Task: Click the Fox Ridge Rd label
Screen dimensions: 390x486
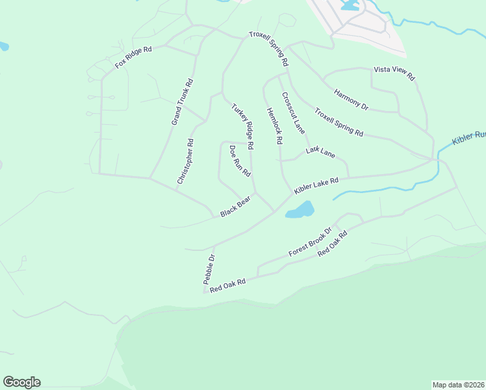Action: coord(133,57)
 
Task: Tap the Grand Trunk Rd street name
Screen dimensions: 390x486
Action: coord(182,102)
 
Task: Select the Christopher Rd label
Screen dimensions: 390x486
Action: coord(185,161)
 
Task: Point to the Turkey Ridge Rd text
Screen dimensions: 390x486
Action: coord(242,125)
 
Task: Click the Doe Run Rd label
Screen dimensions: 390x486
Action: coord(240,161)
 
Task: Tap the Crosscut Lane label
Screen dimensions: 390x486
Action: coord(293,112)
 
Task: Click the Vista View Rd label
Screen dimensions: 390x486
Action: coord(394,72)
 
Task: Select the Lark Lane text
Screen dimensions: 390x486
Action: coord(320,153)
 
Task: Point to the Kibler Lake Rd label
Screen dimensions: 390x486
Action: coord(316,186)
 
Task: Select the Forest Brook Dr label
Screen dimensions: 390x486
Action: coord(311,241)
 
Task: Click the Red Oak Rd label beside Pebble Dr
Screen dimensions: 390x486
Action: coord(227,285)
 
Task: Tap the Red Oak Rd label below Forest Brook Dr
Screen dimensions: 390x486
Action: coord(333,243)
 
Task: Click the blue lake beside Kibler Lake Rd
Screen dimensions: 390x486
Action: coord(300,210)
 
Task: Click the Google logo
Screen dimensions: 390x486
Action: coord(21,382)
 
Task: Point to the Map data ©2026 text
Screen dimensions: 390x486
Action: coord(458,384)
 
